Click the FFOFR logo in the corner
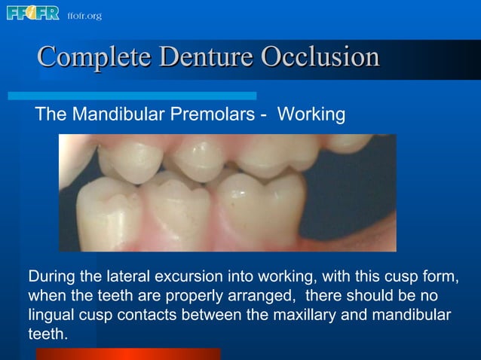tap(32, 14)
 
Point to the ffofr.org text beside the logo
tap(84, 15)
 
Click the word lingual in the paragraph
tap(53, 314)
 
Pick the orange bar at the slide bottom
tap(128, 353)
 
